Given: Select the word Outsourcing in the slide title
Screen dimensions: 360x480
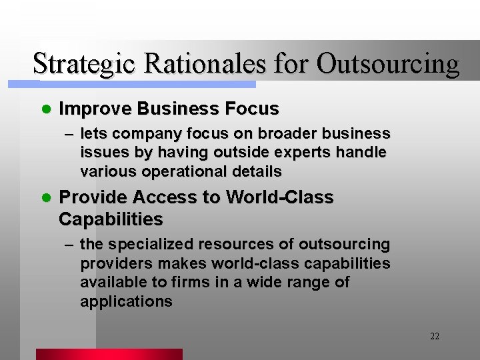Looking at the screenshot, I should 388,65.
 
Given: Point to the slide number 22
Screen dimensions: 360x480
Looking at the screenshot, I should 435,336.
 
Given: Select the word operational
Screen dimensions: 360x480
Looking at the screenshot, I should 179,171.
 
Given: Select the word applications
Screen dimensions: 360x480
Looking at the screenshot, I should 126,301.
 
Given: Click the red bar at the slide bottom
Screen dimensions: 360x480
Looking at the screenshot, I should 109,354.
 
